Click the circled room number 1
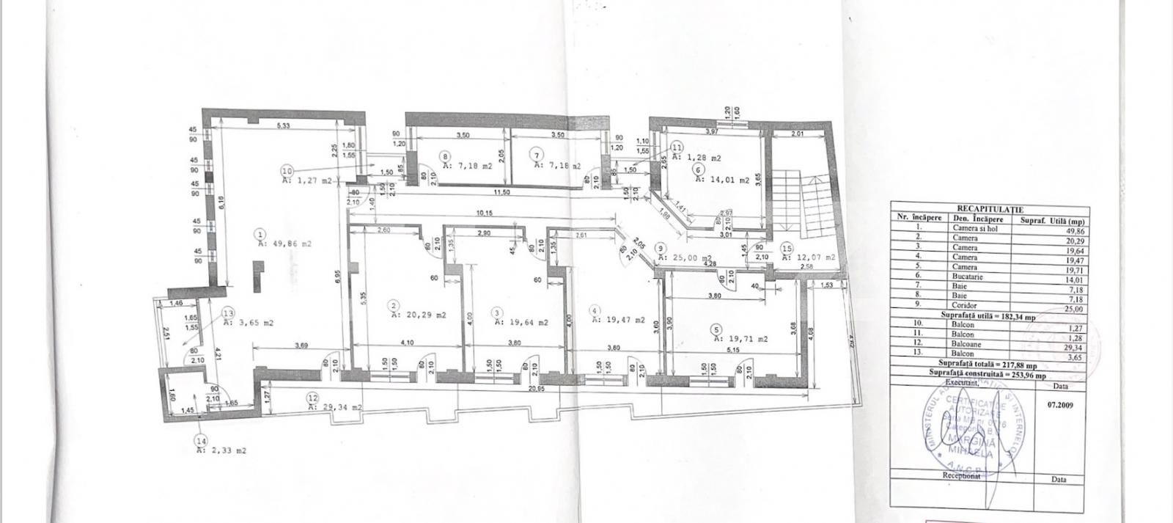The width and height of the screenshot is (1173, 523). tap(260, 234)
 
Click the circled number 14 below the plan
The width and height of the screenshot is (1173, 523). tap(200, 440)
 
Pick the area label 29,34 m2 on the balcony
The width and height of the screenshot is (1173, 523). tap(337, 406)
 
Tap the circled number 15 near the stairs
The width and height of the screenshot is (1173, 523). tap(787, 249)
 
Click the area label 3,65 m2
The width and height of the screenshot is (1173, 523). tap(252, 322)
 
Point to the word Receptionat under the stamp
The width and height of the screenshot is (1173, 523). tap(961, 475)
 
